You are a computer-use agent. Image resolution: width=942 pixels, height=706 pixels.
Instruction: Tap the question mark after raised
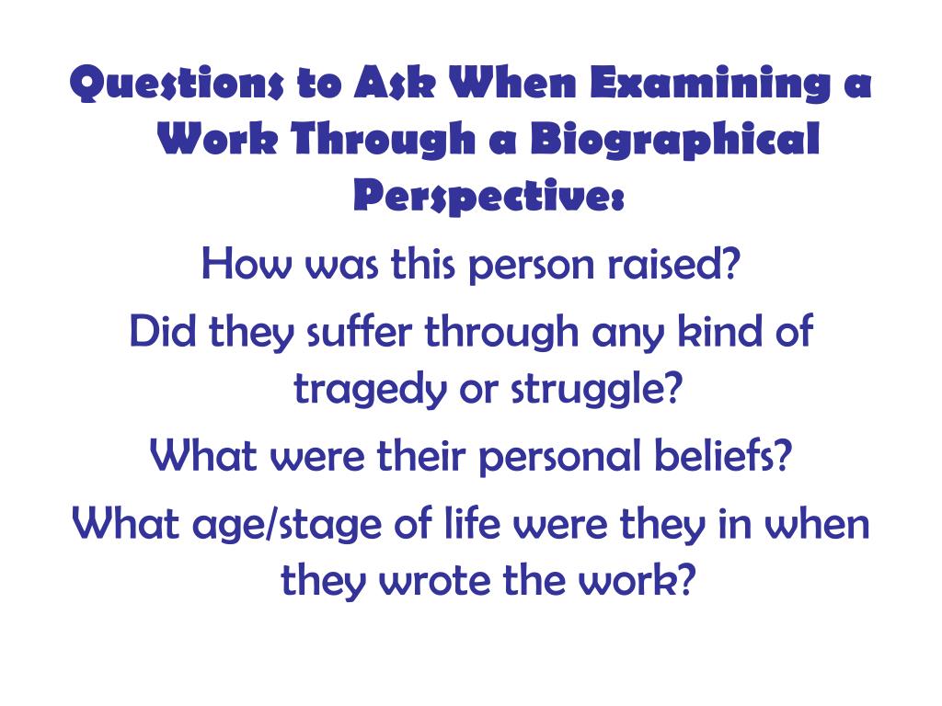coord(731,267)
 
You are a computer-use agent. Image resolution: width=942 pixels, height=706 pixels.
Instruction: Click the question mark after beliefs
coord(783,455)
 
